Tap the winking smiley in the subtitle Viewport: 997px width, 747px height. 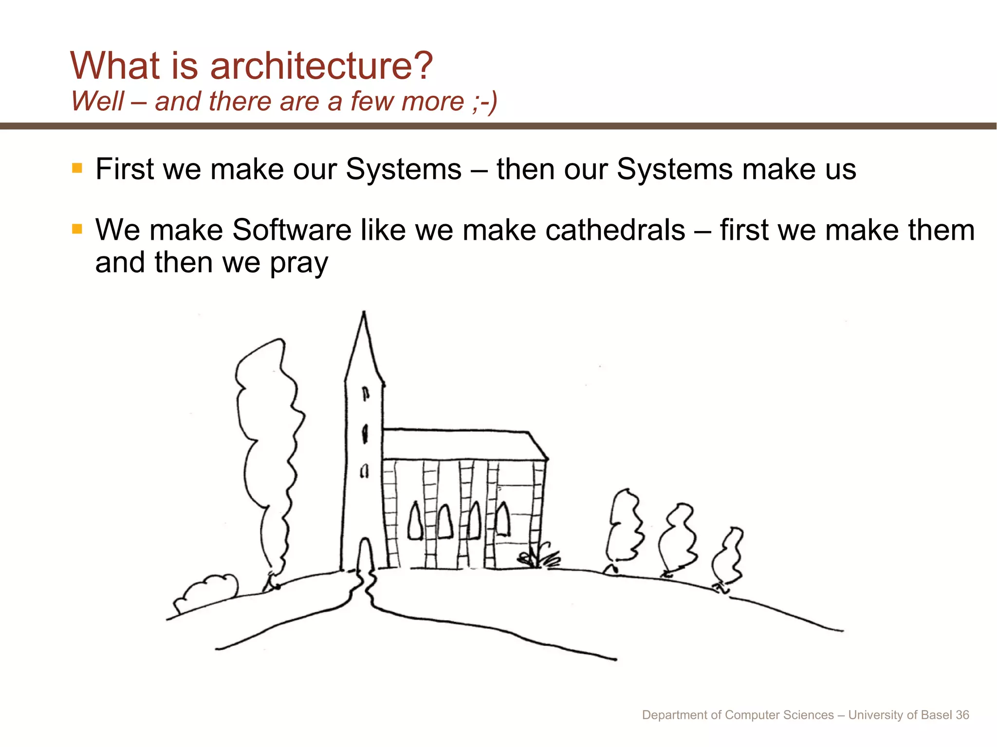tap(485, 102)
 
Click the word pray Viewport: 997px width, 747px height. tap(299, 264)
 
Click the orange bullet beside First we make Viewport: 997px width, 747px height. tap(77, 168)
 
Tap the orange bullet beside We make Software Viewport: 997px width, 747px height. tap(77, 229)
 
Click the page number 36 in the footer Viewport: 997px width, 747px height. tap(962, 715)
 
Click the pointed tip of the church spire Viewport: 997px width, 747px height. tap(364, 314)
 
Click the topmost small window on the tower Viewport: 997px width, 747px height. tap(366, 393)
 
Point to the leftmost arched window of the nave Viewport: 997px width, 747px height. tap(415, 521)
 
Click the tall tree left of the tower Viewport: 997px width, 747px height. tap(268, 452)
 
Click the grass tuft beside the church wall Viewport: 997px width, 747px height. tap(540, 557)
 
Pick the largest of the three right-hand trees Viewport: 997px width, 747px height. tap(625, 528)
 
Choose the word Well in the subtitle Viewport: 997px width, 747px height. tap(98, 102)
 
